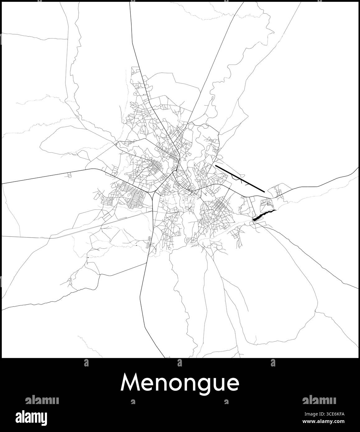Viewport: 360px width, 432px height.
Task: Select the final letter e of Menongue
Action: point(233,384)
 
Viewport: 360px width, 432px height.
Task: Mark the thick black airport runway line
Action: point(240,178)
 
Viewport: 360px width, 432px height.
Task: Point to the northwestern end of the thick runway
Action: point(216,166)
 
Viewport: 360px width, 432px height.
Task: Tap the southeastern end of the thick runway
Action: point(264,191)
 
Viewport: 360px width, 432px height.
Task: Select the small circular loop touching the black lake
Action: point(255,222)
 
